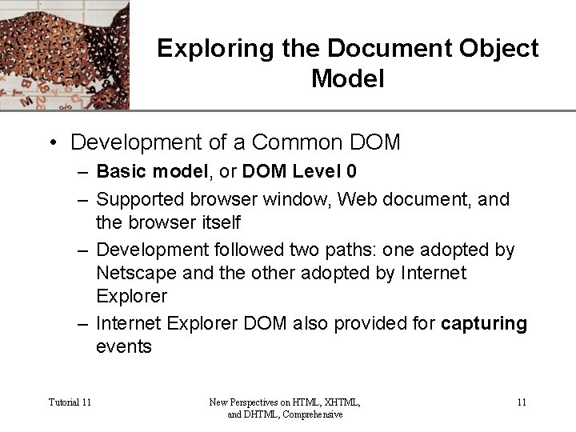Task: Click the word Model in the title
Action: point(347,79)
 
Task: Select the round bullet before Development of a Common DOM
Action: point(52,143)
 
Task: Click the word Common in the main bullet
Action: point(295,142)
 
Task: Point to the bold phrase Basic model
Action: point(150,171)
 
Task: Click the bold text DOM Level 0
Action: point(299,171)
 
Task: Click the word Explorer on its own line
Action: point(131,296)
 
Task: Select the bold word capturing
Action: point(484,323)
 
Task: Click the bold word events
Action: point(123,346)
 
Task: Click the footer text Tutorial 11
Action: point(70,402)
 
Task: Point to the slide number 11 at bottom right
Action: point(521,402)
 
